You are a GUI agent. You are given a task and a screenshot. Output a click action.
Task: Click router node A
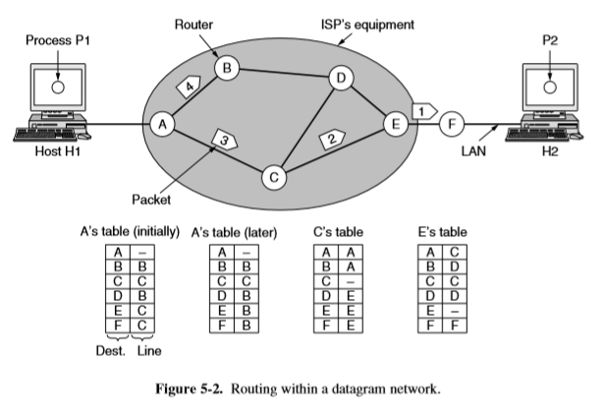tap(161, 125)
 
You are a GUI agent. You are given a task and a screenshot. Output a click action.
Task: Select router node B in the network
tap(228, 69)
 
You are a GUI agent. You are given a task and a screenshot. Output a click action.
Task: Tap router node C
tap(275, 178)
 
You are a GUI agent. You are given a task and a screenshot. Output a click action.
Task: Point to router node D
tap(341, 78)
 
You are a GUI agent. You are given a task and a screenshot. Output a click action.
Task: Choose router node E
tap(397, 125)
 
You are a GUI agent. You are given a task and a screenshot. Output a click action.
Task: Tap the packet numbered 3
tap(225, 141)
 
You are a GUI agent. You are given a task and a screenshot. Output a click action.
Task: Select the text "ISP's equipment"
tap(367, 22)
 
